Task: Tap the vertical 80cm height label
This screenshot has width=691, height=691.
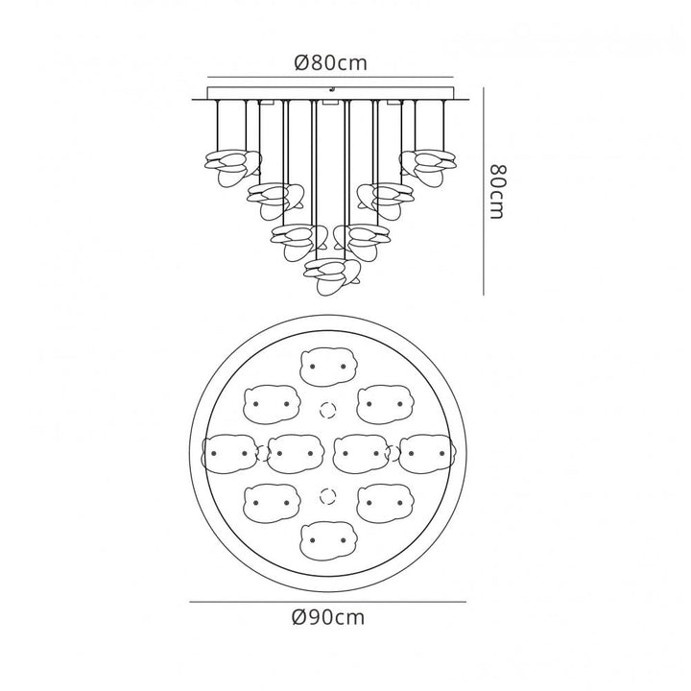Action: click(497, 191)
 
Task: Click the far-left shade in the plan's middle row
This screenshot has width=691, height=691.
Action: click(230, 453)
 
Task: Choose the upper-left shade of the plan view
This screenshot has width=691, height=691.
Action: click(271, 404)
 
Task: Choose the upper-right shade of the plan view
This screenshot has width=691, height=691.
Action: click(385, 404)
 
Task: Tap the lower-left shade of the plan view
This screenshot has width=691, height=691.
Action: click(271, 502)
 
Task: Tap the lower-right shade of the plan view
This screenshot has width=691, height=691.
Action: click(385, 502)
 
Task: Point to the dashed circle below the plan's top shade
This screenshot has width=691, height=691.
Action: click(327, 410)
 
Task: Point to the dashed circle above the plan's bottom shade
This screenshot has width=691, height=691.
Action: click(327, 496)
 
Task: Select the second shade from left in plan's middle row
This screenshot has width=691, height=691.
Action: click(296, 453)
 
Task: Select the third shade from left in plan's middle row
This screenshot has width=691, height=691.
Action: click(361, 453)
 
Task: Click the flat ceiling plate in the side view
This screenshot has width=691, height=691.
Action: click(328, 94)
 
